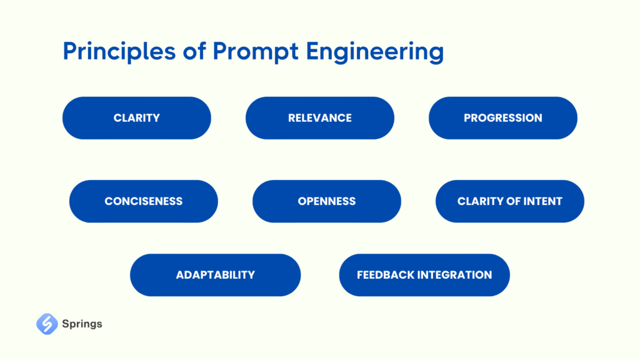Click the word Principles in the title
(119, 52)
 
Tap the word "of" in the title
(194, 51)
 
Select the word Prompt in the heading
(256, 52)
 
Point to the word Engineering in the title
(375, 52)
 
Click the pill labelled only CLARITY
(137, 118)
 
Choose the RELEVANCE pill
(320, 118)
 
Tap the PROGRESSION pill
(503, 118)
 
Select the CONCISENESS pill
(144, 201)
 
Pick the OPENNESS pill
(326, 201)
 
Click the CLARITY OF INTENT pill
(510, 201)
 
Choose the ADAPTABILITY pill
(216, 275)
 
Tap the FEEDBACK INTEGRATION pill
(424, 275)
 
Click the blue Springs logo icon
(47, 324)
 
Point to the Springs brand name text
(82, 324)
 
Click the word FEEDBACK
(384, 275)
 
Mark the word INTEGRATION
(453, 275)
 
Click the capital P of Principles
(70, 51)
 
